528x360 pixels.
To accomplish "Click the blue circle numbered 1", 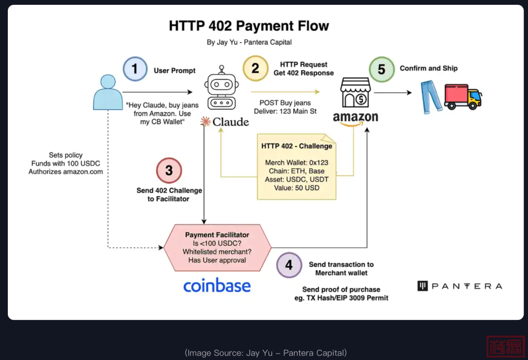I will pos(135,69).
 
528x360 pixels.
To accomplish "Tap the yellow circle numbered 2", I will pos(255,67).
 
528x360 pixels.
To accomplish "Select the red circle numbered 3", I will pos(169,170).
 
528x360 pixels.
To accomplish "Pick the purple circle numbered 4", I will pos(289,265).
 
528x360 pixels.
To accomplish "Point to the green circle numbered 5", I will pos(381,69).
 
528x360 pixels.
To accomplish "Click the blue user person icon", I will pos(108,92).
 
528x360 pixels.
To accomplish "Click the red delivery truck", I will pos(462,96).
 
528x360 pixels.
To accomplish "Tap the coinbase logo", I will pos(217,286).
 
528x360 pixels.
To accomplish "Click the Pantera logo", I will pos(460,286).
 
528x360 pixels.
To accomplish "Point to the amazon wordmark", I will pos(355,118).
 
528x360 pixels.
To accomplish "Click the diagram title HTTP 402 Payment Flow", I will pos(249,26).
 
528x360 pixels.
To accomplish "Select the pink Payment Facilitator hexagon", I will pos(217,247).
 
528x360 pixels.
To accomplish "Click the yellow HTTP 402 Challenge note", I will pos(297,167).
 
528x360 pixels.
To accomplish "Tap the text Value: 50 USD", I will pos(297,188).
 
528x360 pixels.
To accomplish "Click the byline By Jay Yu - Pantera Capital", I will pos(249,42).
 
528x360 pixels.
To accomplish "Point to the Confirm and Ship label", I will pos(428,68).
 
